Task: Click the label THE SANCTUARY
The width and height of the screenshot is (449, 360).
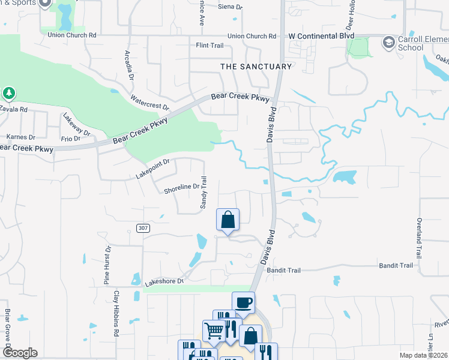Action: point(256,67)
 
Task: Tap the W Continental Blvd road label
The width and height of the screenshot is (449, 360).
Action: point(321,37)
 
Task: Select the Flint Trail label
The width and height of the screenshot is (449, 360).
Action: point(209,46)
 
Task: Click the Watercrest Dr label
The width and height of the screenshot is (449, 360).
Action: point(150,102)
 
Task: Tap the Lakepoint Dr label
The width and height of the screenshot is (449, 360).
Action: point(153,167)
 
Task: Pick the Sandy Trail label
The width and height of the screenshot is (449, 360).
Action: point(204,193)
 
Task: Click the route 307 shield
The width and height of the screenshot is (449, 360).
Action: point(142,228)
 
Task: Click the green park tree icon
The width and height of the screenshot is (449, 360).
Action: point(9,93)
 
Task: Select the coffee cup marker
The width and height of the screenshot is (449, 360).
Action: point(243,302)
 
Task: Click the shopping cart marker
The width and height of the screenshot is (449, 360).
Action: point(214,329)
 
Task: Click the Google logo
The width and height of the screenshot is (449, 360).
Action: point(19,353)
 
